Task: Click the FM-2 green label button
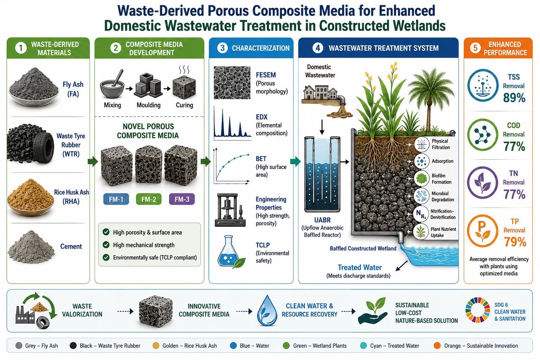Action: pyautogui.click(x=149, y=199)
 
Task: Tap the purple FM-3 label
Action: pyautogui.click(x=182, y=199)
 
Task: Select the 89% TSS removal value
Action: pyautogui.click(x=514, y=98)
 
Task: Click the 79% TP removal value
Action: pyautogui.click(x=515, y=242)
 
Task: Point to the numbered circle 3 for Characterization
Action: pyautogui.click(x=222, y=48)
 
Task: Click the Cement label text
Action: pyautogui.click(x=71, y=246)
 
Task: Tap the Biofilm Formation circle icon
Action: pyautogui.click(x=422, y=179)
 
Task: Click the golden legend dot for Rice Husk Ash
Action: pyautogui.click(x=156, y=346)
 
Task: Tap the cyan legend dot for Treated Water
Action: pyautogui.click(x=363, y=346)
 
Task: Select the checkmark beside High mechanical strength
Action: pyautogui.click(x=106, y=245)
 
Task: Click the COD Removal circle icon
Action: pyautogui.click(x=483, y=135)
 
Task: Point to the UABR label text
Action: pyautogui.click(x=322, y=220)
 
